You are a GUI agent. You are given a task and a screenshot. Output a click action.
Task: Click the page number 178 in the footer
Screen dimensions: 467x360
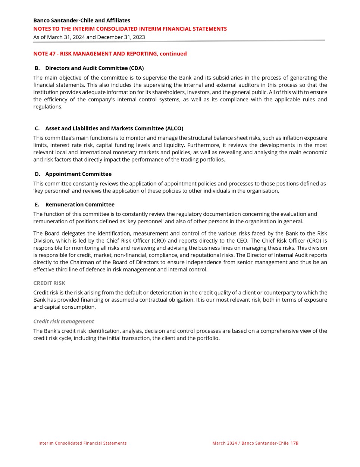click(x=294, y=443)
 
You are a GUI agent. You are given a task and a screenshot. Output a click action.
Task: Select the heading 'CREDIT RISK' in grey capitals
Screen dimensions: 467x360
click(x=49, y=283)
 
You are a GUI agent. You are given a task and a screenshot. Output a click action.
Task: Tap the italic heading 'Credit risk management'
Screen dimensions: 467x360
click(x=63, y=321)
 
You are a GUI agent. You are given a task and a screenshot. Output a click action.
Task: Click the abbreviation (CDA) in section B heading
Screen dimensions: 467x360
click(x=137, y=68)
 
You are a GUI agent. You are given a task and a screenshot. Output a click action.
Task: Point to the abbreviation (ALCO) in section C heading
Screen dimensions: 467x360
click(x=174, y=128)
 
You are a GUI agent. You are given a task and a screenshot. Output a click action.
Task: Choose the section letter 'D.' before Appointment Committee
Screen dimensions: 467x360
click(x=37, y=174)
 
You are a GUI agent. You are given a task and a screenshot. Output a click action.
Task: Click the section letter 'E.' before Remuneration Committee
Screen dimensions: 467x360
click(x=37, y=205)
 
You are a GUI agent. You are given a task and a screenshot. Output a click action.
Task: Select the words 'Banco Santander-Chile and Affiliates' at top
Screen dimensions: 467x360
click(x=82, y=21)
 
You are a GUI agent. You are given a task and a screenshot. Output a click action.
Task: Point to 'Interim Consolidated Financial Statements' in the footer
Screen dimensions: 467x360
click(x=82, y=443)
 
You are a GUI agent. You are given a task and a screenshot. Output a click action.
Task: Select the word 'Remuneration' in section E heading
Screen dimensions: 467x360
click(x=64, y=205)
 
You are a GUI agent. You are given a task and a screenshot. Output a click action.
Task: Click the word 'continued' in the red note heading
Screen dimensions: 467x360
click(x=173, y=54)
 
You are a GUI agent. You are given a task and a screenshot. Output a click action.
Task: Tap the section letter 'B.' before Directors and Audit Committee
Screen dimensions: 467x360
click(x=37, y=68)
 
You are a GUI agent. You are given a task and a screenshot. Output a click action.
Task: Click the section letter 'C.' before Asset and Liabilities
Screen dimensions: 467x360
click(x=37, y=128)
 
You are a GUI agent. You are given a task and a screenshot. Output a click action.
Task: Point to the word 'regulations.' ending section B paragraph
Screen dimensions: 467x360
click(x=48, y=107)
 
